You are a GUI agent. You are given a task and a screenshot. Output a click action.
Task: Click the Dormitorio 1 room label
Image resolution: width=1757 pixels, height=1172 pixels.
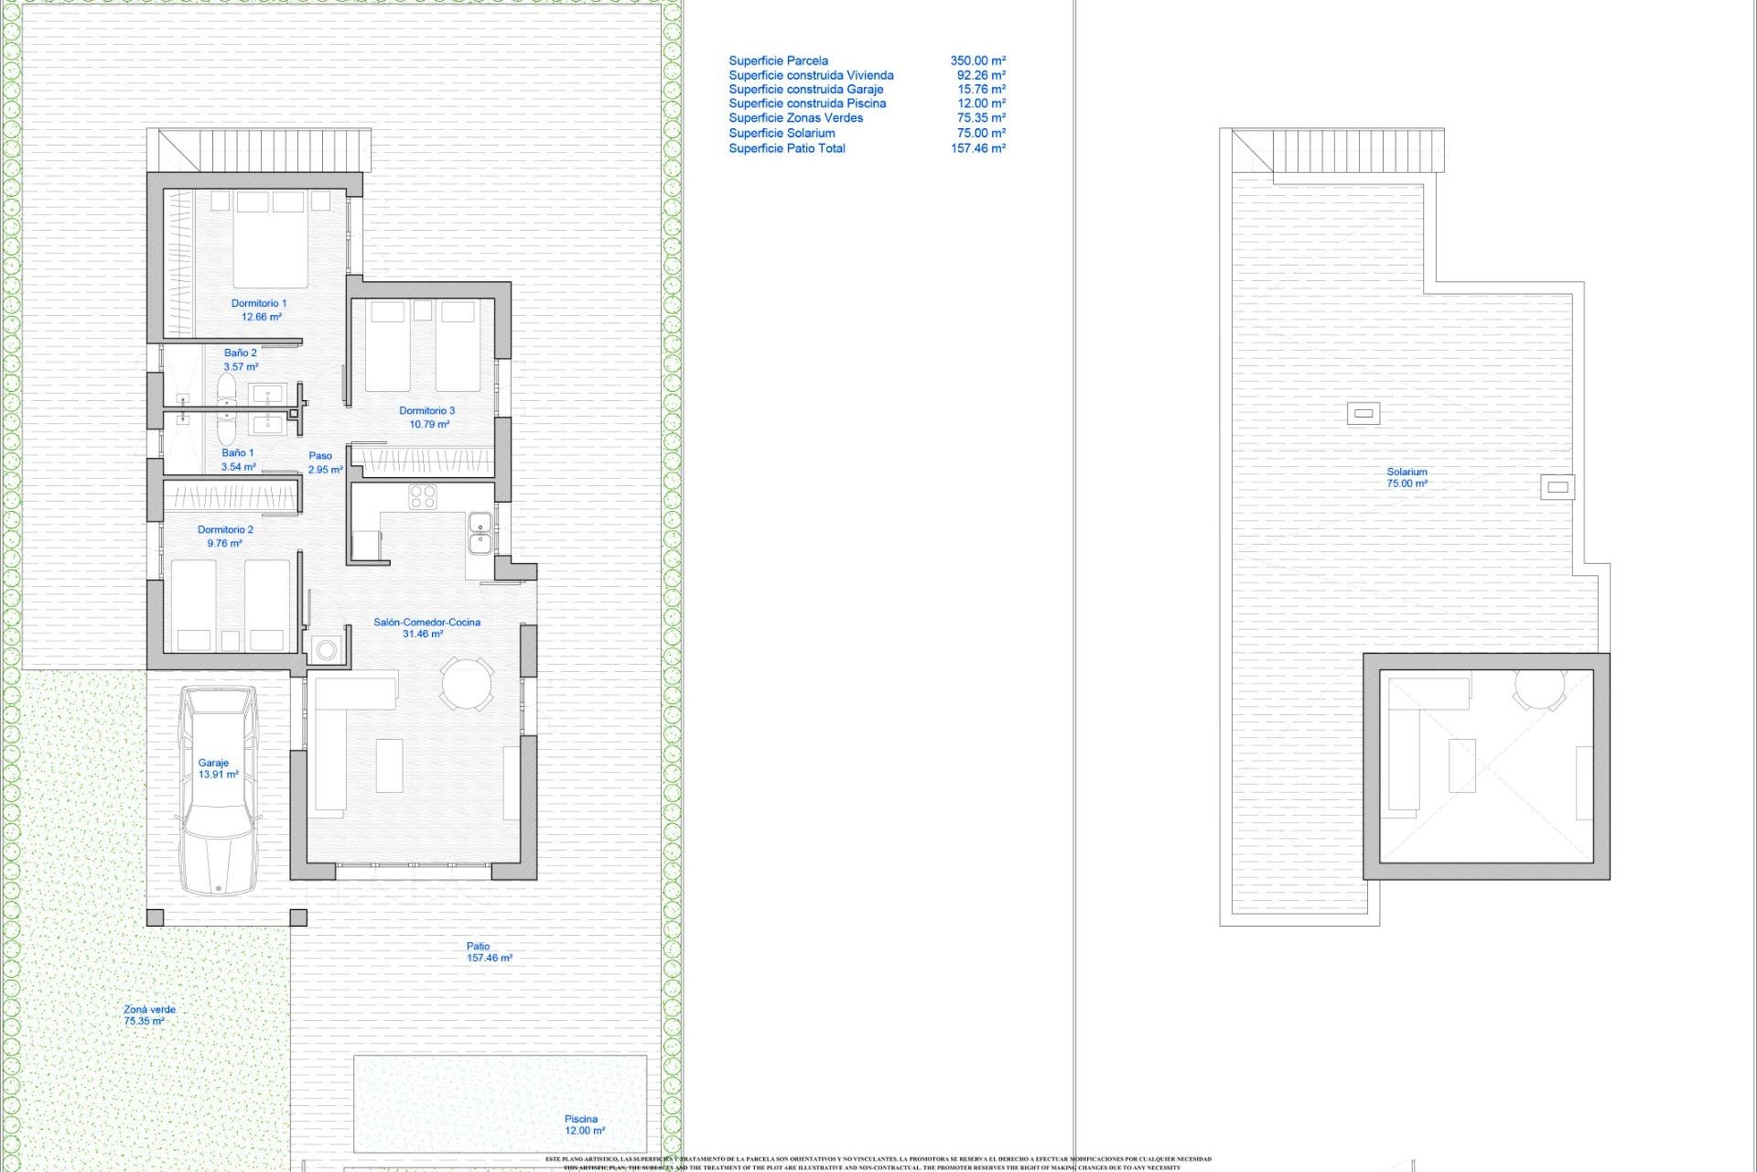click(259, 303)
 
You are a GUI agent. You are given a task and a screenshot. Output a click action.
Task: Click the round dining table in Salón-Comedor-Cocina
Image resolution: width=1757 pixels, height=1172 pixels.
click(467, 683)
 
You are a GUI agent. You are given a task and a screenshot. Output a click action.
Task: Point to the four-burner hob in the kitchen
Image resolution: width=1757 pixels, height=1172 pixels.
click(423, 497)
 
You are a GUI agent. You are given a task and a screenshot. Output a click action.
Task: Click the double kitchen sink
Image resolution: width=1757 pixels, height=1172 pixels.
click(480, 534)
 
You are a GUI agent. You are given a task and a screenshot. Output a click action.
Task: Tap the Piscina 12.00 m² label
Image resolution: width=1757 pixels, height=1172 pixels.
click(583, 1124)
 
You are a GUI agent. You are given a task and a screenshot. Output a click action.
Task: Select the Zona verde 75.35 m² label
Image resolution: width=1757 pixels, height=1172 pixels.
click(148, 1015)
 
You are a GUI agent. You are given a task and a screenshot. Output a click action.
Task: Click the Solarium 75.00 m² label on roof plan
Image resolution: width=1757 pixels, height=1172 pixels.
click(1407, 478)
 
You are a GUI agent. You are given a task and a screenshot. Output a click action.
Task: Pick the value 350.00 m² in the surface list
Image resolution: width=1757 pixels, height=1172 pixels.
click(977, 61)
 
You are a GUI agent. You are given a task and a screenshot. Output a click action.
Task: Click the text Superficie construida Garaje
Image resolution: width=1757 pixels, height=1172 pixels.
click(805, 90)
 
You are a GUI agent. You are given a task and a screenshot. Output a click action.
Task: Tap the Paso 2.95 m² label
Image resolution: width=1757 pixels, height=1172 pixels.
click(324, 462)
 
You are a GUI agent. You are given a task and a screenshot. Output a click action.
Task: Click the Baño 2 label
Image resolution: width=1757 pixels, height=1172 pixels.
click(241, 353)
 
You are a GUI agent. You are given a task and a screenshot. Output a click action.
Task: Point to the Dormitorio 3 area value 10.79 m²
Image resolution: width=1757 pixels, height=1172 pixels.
click(429, 425)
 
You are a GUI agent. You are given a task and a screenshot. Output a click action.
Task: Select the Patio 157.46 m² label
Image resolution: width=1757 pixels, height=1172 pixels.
click(488, 952)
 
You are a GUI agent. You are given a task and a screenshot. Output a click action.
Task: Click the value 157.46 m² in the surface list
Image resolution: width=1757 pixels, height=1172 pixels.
click(977, 148)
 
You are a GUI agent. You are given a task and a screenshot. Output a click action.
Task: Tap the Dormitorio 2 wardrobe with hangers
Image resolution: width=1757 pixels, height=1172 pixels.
click(232, 497)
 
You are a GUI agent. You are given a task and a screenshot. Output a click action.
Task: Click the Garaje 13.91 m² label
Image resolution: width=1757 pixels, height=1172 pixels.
click(218, 768)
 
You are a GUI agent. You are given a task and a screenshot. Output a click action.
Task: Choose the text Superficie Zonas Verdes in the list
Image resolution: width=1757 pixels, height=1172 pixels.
click(795, 118)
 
